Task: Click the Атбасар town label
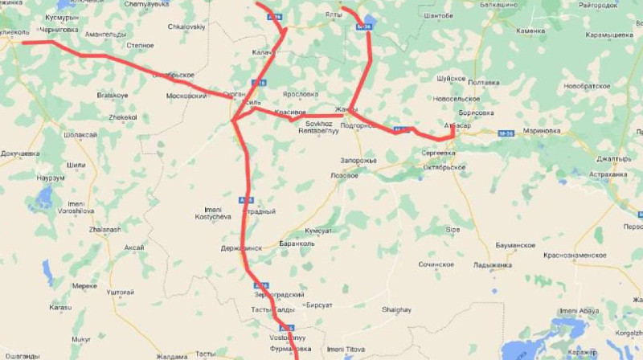(x=457, y=126)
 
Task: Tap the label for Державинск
(x=241, y=248)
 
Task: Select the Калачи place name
(x=264, y=52)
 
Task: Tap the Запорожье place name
(x=358, y=160)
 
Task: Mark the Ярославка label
(x=301, y=93)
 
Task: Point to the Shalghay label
(x=396, y=310)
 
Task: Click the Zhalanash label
(x=104, y=229)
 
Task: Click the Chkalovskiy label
(x=186, y=27)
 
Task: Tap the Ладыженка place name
(x=493, y=265)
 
